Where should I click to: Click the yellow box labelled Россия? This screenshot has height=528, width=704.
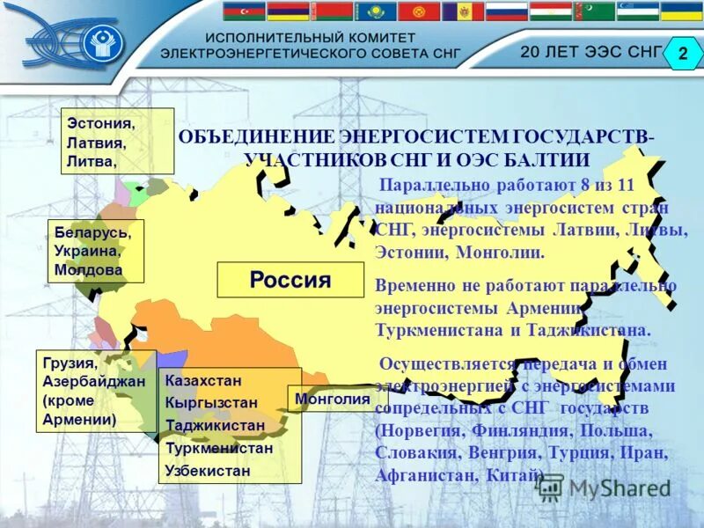290,280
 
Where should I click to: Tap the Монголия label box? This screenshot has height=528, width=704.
337,399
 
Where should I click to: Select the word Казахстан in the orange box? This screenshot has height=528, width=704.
203,380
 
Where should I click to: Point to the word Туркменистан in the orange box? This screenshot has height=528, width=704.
219,448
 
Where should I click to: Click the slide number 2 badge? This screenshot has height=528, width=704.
683,53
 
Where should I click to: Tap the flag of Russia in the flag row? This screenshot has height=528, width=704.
506,11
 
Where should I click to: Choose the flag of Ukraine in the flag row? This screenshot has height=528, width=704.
682,11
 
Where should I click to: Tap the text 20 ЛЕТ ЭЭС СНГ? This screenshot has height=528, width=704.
590,51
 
